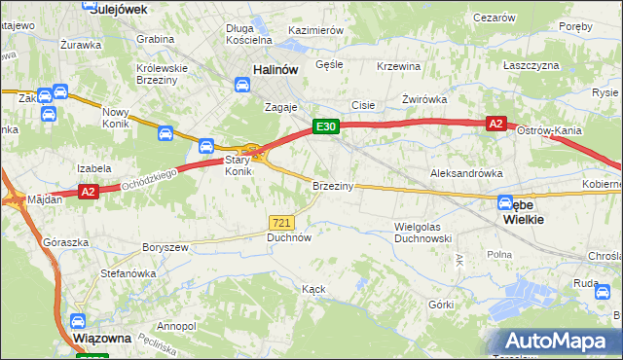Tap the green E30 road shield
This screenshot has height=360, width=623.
coord(325,127)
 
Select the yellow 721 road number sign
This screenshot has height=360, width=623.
coord(282,223)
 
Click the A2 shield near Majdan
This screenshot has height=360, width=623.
coord(88,192)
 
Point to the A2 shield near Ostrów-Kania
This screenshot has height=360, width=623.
coord(496,124)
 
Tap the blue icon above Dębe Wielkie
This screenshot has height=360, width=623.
coord(505,203)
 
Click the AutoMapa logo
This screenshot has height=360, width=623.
coord(559,341)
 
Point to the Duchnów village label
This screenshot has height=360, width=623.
coord(288,236)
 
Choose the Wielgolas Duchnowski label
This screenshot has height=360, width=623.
coord(423,232)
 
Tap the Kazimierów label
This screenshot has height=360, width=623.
coord(315,30)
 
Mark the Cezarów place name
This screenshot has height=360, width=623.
coord(494,18)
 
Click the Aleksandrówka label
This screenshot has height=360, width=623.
coord(466,172)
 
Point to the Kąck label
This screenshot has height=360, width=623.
coord(313,289)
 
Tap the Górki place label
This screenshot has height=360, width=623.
coord(441,304)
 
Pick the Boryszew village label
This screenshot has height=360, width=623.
coord(165,248)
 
